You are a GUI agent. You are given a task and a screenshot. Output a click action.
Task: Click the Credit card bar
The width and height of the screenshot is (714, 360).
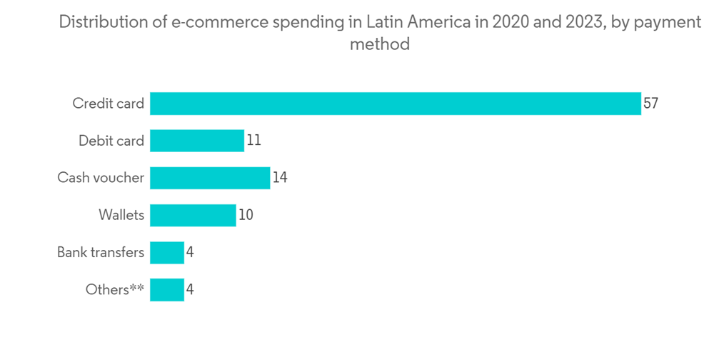pyautogui.click(x=395, y=104)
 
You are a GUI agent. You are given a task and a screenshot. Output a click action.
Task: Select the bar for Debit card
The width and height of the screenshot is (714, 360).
pyautogui.click(x=197, y=141)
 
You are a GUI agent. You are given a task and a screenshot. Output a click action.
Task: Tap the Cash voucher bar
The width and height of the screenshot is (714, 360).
pyautogui.click(x=210, y=178)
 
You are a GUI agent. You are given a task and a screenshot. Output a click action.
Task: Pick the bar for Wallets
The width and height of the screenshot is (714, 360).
pyautogui.click(x=193, y=215)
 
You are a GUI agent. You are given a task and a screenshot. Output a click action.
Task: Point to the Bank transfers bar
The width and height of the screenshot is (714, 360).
pyautogui.click(x=167, y=252)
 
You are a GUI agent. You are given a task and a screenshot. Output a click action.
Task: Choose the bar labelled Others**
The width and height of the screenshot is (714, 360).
pyautogui.click(x=167, y=289)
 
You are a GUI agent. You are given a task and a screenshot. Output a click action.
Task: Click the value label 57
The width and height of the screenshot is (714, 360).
pyautogui.click(x=650, y=104)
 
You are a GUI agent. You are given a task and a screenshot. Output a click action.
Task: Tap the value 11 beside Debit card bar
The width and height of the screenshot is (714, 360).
pyautogui.click(x=253, y=141)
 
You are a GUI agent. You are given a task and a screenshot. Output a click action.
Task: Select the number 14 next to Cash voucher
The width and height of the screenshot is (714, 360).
pyautogui.click(x=280, y=178)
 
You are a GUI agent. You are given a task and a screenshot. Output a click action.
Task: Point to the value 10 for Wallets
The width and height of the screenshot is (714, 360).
pyautogui.click(x=246, y=215)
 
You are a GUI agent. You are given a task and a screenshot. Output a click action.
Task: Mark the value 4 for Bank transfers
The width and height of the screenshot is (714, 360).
pyautogui.click(x=190, y=252)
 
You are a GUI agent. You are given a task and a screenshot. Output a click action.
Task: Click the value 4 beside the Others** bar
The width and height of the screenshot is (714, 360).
pyautogui.click(x=190, y=289)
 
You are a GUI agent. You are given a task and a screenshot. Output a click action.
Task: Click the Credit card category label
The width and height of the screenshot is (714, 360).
pyautogui.click(x=109, y=104)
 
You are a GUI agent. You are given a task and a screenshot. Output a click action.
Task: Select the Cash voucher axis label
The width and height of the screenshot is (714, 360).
pyautogui.click(x=101, y=178)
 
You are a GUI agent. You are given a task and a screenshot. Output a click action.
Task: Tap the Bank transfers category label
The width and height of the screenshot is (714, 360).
pyautogui.click(x=101, y=252)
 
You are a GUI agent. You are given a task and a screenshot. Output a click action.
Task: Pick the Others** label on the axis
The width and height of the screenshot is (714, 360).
pyautogui.click(x=115, y=289)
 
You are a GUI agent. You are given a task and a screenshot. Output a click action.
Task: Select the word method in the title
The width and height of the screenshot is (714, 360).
pyautogui.click(x=379, y=44)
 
